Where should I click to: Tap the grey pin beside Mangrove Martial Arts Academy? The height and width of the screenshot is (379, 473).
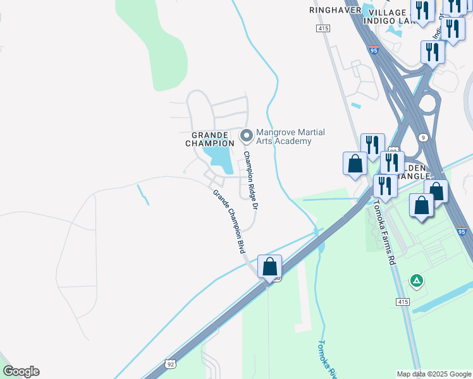246,135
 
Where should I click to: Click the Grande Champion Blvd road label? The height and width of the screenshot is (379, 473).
228,222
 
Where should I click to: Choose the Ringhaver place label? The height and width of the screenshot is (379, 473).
335,11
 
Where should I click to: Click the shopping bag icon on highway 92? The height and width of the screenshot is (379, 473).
270,267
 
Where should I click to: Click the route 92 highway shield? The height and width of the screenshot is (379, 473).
170,364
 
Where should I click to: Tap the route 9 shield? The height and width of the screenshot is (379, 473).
423,137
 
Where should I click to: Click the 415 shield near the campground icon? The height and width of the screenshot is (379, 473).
402,302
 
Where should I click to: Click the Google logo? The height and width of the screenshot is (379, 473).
21,371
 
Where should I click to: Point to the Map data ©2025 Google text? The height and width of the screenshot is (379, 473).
433,374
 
